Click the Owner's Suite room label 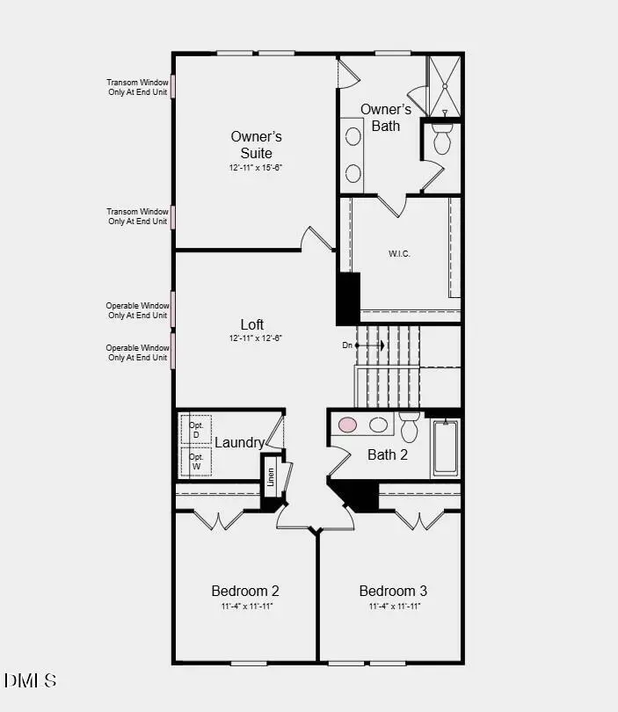(257, 144)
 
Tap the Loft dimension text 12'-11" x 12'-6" (256, 338)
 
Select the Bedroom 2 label (245, 591)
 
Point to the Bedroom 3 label (393, 591)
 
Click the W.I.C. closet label (399, 254)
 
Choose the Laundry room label (240, 442)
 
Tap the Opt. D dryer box (196, 430)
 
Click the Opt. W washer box (196, 461)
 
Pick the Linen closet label (271, 476)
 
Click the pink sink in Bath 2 (348, 425)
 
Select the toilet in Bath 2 (409, 428)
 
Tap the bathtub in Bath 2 (445, 448)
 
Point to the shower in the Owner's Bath (444, 85)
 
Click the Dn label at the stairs (347, 345)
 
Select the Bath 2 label (388, 454)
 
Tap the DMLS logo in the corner (31, 680)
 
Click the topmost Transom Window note (137, 87)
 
